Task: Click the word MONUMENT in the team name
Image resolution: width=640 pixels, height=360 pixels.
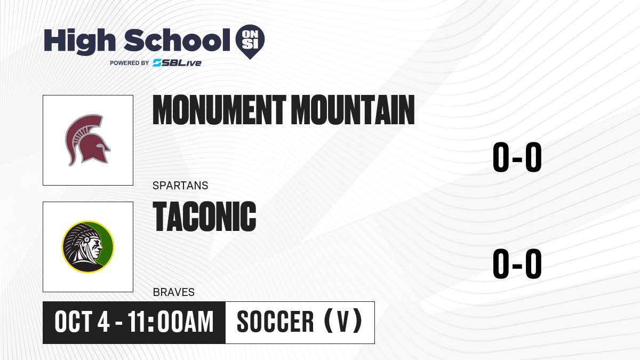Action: (x=219, y=110)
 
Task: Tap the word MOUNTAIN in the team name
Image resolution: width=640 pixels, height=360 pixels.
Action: (x=353, y=110)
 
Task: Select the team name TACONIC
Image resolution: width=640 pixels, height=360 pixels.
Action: (x=204, y=217)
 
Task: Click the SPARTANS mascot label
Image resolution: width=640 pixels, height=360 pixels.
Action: (x=180, y=186)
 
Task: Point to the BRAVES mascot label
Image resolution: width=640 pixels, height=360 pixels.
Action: (x=174, y=292)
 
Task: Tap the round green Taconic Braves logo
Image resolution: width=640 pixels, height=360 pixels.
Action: (x=88, y=246)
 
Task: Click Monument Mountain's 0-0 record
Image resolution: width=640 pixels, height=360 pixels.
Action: (x=517, y=157)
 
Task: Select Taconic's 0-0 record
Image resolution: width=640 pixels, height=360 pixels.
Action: (x=517, y=263)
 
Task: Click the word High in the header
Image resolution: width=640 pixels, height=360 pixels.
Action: (x=79, y=42)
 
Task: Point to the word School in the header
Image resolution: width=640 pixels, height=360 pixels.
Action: (x=177, y=40)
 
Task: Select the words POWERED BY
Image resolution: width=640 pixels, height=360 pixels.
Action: (x=130, y=63)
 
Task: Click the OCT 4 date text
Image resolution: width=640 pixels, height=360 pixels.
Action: (x=82, y=322)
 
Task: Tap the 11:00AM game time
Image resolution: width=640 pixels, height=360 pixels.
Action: (x=171, y=322)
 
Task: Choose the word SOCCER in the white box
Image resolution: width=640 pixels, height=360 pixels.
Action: (x=275, y=322)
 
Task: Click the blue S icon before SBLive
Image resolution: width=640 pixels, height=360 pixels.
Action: (x=157, y=63)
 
